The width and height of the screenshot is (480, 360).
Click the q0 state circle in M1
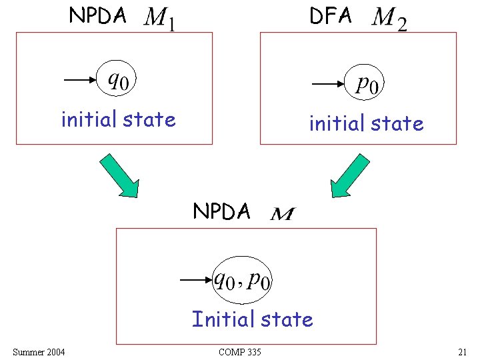coord(119,79)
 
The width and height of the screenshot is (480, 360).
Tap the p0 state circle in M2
coord(367,85)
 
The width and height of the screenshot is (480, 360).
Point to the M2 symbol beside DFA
coord(389,19)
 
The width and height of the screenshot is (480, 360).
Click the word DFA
coord(330,16)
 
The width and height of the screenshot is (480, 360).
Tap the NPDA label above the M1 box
coord(97,15)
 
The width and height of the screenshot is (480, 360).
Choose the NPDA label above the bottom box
coord(221,211)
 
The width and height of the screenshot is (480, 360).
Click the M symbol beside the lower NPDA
coord(283,214)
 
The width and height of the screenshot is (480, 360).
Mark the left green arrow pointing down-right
coord(119,175)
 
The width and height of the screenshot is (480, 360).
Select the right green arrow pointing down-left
coord(351,175)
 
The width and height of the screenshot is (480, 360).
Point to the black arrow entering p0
coord(329,85)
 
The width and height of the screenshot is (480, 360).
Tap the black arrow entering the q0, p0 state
coord(196,281)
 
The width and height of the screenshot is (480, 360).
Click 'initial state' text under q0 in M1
coord(118,119)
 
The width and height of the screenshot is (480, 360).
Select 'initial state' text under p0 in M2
coord(366,123)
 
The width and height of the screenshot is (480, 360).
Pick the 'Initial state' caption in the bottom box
coord(252,319)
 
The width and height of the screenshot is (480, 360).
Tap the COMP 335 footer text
coord(240,351)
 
